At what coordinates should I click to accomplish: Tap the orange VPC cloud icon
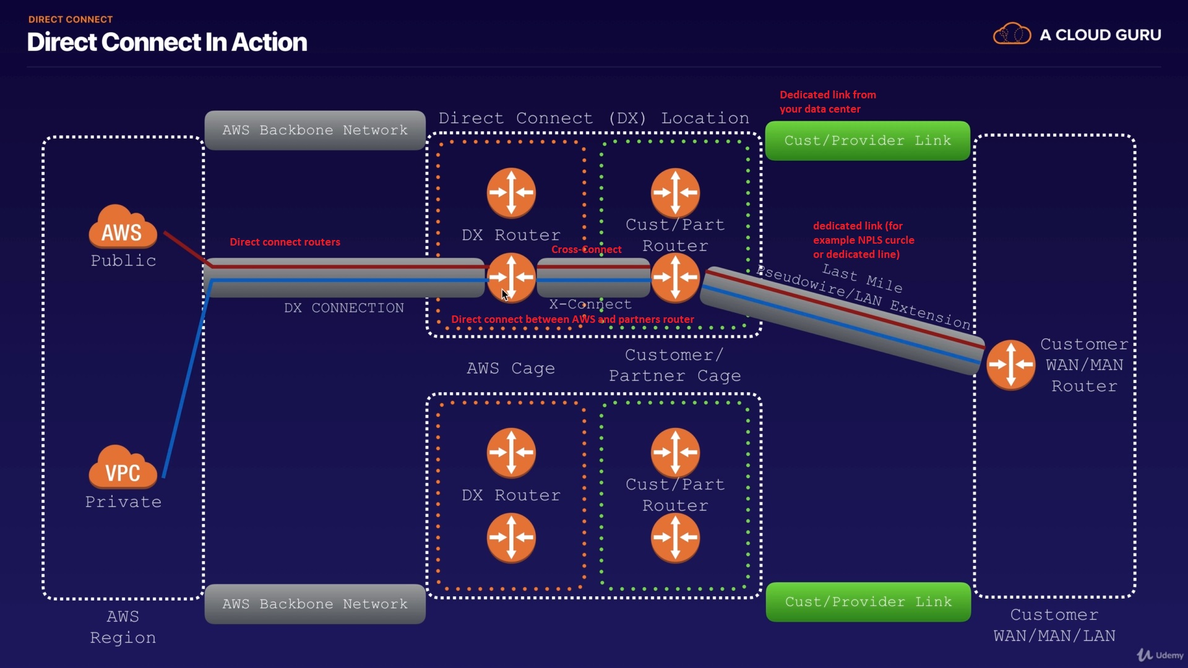point(123,468)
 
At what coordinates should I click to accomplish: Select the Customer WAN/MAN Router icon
point(1010,365)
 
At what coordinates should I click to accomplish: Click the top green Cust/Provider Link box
point(867,141)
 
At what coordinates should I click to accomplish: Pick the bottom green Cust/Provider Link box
point(868,602)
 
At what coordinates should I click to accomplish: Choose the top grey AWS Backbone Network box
point(315,131)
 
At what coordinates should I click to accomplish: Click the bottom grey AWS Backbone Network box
point(315,604)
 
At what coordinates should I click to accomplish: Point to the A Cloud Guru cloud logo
point(1012,35)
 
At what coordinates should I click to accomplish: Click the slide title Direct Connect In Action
point(167,42)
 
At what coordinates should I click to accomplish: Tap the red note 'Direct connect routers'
point(285,242)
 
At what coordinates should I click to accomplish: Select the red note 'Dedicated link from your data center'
point(827,102)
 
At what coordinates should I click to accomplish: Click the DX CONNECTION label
point(344,308)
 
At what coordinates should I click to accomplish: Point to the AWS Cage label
point(510,369)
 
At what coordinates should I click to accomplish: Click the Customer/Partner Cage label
point(674,366)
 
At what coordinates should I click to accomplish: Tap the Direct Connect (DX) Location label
point(593,118)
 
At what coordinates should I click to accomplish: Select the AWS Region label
point(123,627)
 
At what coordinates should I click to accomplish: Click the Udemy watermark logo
point(1160,655)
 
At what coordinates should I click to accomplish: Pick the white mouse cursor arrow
point(505,295)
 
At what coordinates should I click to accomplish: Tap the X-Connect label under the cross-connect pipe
point(590,304)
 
